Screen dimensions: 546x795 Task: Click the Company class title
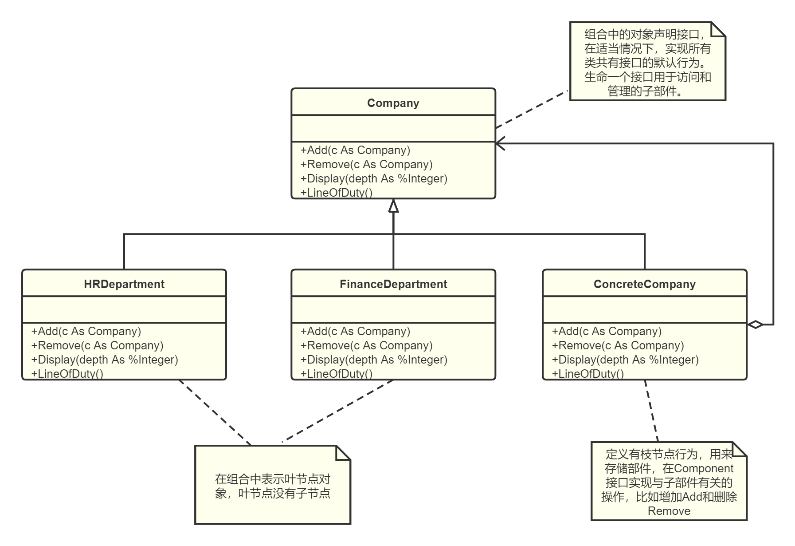coord(393,103)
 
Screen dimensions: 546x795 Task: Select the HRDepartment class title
coord(124,284)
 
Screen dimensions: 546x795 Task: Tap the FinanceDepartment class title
coord(393,284)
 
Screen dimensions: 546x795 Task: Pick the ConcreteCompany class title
coord(644,284)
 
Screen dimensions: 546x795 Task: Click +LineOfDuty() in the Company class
coord(337,193)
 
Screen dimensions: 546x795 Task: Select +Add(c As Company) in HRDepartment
coord(86,331)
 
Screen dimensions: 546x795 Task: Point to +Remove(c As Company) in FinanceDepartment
coord(366,345)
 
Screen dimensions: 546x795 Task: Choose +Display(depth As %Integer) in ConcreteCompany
coord(625,360)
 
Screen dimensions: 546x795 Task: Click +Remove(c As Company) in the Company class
coord(366,164)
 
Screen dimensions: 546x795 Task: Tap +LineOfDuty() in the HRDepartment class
coord(67,374)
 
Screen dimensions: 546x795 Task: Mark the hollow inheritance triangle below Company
coord(393,206)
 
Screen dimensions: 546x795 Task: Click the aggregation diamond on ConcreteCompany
coord(755,324)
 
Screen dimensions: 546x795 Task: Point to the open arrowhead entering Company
coord(500,144)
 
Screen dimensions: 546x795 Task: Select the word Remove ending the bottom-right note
coord(669,511)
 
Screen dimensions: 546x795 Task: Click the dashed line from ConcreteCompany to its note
coord(651,411)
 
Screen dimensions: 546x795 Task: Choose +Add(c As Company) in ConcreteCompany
coord(607,331)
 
